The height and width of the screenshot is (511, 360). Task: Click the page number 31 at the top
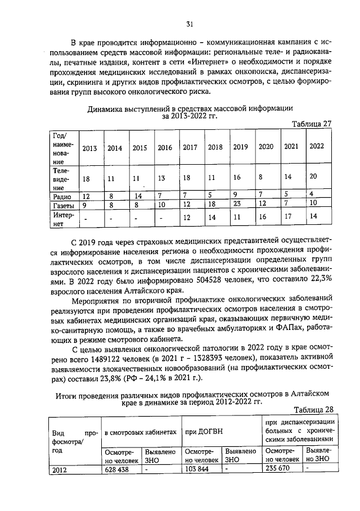coord(190,24)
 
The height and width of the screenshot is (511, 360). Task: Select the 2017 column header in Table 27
coord(190,147)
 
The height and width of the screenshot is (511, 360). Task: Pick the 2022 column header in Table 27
coord(317,146)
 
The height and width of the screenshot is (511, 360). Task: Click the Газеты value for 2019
coord(237,203)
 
